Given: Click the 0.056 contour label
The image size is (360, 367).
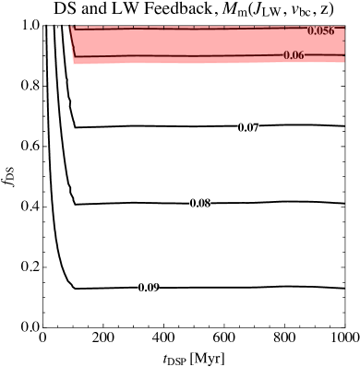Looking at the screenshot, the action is tap(320, 31).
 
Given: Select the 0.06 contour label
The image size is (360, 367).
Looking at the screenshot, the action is tap(294, 55).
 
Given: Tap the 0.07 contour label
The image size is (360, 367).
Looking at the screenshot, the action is tap(248, 127).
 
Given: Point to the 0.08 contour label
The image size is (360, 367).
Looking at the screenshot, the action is tap(200, 203).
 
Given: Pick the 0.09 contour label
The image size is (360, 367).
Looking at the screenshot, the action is tap(149, 288).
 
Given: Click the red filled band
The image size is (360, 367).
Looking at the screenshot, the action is tap(185, 42).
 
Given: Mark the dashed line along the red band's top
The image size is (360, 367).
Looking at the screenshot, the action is tap(185, 29).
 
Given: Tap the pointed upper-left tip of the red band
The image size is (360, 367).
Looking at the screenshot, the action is tap(70, 26).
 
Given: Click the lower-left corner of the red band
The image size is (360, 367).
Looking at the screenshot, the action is tap(75, 64).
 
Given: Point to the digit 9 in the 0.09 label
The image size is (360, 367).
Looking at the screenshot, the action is tap(156, 288).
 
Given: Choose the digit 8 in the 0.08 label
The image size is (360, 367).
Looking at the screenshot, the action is tap(208, 203).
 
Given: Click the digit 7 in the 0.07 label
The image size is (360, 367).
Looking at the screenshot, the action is tap(256, 127).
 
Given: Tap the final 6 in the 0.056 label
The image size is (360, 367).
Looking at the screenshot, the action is tap(331, 31).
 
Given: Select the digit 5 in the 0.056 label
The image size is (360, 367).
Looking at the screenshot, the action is tap(325, 31).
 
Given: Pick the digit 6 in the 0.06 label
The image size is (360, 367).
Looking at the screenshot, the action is tap(301, 55).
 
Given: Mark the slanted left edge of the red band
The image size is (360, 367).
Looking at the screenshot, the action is tap(72, 44).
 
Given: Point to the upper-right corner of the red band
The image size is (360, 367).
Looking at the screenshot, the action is tap(343, 27).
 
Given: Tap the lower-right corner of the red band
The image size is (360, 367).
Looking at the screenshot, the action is tap(343, 61).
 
